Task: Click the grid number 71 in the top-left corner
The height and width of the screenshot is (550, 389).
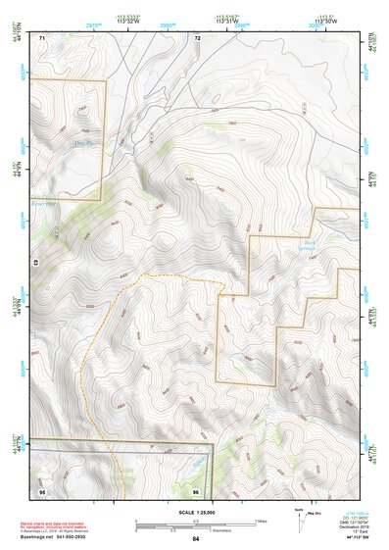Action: pos(42,38)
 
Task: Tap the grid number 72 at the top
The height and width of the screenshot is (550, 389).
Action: pos(197,38)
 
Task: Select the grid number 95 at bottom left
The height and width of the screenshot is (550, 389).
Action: pos(42,490)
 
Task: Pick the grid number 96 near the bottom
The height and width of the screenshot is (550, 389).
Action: pos(197,490)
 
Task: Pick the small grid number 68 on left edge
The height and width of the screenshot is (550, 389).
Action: pos(33,264)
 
